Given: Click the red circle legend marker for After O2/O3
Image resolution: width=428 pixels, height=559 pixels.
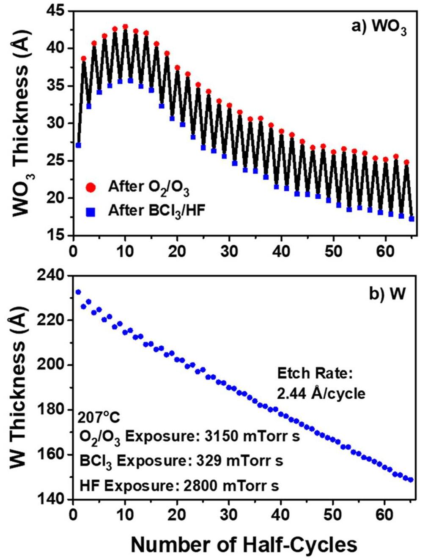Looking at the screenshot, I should (91, 187).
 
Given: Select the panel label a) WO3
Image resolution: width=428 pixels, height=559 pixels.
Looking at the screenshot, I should (379, 27).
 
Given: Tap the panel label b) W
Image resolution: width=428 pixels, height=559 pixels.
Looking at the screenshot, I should (387, 293).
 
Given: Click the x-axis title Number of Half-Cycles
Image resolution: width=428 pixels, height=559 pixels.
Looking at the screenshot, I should (244, 545).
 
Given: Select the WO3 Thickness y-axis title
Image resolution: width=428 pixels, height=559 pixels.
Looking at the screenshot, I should (21, 123).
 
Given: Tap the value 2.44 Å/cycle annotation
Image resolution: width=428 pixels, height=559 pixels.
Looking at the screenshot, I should (321, 394).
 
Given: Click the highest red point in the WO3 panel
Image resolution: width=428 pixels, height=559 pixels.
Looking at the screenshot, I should (125, 27).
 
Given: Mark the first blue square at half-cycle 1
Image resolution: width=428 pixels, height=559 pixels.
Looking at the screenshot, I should (78, 145).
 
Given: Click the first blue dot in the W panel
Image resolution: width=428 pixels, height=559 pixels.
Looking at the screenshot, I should (78, 292).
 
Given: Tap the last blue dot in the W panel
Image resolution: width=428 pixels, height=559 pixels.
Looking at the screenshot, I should (411, 480).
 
